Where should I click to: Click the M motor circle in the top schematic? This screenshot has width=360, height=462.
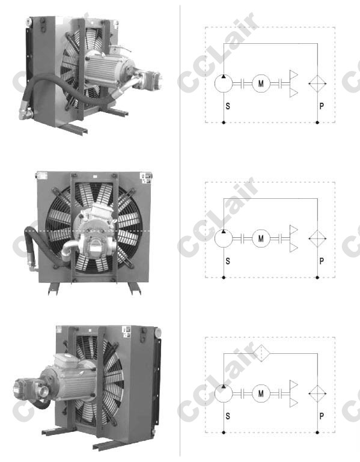261,84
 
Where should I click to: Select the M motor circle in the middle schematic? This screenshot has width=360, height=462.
261,239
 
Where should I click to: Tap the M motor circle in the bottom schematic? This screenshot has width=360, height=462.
261,394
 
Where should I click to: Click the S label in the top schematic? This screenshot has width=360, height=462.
228,106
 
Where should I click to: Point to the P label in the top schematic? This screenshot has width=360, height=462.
322,106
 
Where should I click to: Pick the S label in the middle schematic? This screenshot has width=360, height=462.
228,261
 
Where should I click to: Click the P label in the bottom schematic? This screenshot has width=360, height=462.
322,416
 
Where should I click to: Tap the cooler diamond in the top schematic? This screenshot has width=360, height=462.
317,84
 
